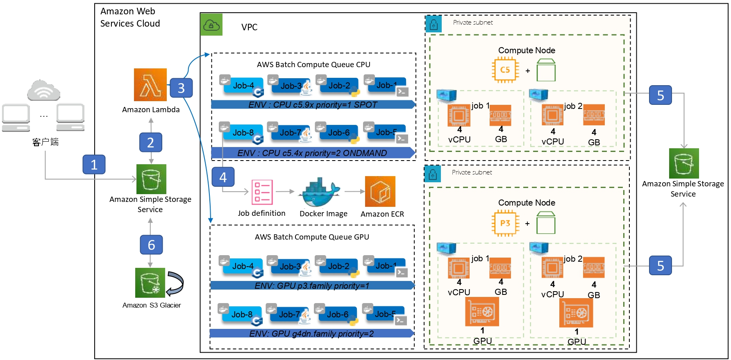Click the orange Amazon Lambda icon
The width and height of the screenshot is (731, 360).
(150, 85)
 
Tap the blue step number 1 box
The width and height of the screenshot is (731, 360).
(94, 164)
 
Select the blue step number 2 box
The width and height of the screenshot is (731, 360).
(151, 143)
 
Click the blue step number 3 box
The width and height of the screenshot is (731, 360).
(181, 88)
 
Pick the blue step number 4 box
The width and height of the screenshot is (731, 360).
(223, 177)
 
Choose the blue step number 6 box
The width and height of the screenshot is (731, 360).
(151, 245)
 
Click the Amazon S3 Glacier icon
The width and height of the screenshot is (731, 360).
(150, 283)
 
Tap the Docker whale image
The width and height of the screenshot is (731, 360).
(320, 192)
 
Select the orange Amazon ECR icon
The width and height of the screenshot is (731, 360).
(380, 191)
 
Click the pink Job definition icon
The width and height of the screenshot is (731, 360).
(262, 192)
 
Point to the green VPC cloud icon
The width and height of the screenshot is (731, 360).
(211, 25)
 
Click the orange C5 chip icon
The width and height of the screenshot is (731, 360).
(505, 70)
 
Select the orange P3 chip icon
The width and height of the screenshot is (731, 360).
(505, 223)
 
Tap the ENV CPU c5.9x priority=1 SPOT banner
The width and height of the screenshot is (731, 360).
(313, 105)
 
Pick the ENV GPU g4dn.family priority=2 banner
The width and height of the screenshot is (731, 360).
(311, 334)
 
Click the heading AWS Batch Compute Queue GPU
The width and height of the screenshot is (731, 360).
(312, 237)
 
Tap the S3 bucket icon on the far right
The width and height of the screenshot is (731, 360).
(684, 163)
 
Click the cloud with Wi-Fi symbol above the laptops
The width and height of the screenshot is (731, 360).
(43, 91)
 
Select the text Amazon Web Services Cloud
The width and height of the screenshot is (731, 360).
(130, 17)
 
